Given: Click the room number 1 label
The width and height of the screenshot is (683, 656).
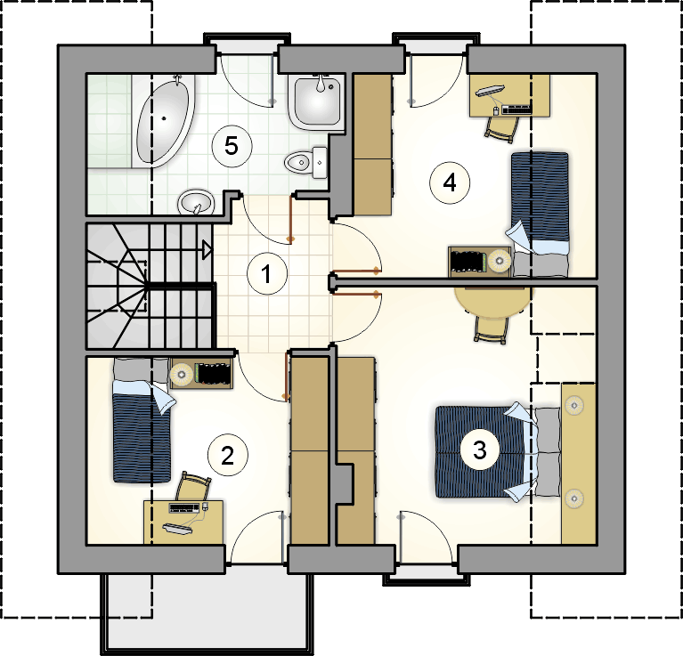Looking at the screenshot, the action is pyautogui.click(x=267, y=274).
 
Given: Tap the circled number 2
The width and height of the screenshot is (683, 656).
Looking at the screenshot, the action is pyautogui.click(x=227, y=456).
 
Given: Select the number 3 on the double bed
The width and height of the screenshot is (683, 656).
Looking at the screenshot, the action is pyautogui.click(x=480, y=449).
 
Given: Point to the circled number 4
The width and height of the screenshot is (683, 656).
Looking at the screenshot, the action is pyautogui.click(x=450, y=182).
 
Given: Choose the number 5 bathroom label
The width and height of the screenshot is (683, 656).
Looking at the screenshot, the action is pyautogui.click(x=232, y=146).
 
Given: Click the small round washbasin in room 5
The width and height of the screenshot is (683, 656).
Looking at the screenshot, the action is pyautogui.click(x=197, y=202).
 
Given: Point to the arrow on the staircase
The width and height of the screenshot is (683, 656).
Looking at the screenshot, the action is pyautogui.click(x=207, y=250).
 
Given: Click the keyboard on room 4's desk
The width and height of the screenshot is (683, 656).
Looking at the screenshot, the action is pyautogui.click(x=516, y=109).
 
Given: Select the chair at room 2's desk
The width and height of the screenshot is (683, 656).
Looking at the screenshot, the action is pyautogui.click(x=193, y=487).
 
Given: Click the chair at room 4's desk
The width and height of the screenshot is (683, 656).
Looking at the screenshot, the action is pyautogui.click(x=502, y=128).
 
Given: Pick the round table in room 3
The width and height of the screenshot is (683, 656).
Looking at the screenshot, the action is pyautogui.click(x=493, y=301).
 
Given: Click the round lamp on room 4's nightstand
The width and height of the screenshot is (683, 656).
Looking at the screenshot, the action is pyautogui.click(x=500, y=260).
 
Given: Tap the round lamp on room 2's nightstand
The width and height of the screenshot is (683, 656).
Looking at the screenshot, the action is pyautogui.click(x=181, y=374).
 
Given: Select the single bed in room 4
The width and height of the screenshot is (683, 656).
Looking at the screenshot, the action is pyautogui.click(x=540, y=215).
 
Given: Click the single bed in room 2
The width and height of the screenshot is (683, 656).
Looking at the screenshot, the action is pyautogui.click(x=142, y=420).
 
